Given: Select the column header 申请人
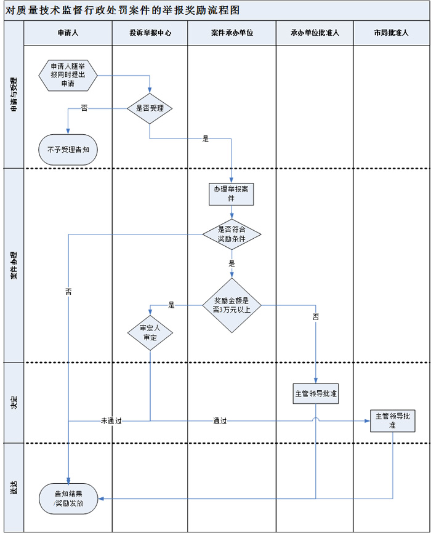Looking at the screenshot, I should point(68,33).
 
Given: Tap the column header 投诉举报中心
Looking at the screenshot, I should point(150,33).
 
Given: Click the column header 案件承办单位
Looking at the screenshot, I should point(232,33).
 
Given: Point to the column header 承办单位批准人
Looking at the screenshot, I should point(315,33).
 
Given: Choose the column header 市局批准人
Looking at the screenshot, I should point(392,33).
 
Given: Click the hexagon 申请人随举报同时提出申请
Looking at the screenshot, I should point(68,75).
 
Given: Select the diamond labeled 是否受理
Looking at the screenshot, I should point(150,108).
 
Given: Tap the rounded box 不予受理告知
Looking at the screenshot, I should point(68,149).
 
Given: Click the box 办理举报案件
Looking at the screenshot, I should point(232,194).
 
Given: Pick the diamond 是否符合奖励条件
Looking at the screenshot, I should point(232,234).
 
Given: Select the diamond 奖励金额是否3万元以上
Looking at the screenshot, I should point(232,305).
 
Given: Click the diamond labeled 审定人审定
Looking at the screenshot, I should point(150,333).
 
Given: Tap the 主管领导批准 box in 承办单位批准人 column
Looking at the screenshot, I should point(316,393).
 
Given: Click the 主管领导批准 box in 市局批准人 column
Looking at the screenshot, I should point(393,421).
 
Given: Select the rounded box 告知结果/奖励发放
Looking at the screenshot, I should point(68,498).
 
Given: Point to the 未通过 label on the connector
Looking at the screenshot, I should point(111,421).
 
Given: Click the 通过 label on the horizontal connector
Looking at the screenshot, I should point(220,421).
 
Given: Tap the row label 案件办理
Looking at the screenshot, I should point(14,265).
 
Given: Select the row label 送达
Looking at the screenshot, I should point(14,487).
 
